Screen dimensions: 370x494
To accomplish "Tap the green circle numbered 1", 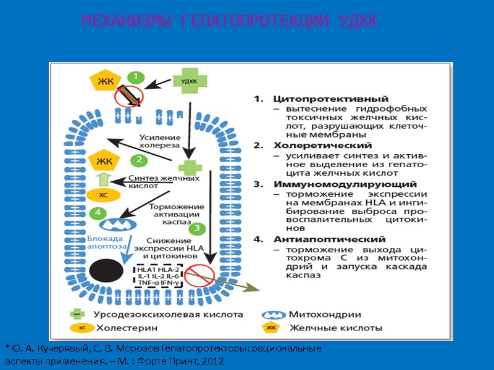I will tap(136, 78).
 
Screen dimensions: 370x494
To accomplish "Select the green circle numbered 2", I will tap(139, 160).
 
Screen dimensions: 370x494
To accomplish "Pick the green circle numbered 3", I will tap(197, 229).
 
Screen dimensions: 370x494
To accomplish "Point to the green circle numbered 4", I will tap(97, 213).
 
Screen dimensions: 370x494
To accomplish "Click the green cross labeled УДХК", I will tap(189, 81).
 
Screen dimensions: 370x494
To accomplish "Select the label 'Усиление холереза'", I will tap(159, 141).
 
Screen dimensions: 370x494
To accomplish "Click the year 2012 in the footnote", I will tap(213, 361).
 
